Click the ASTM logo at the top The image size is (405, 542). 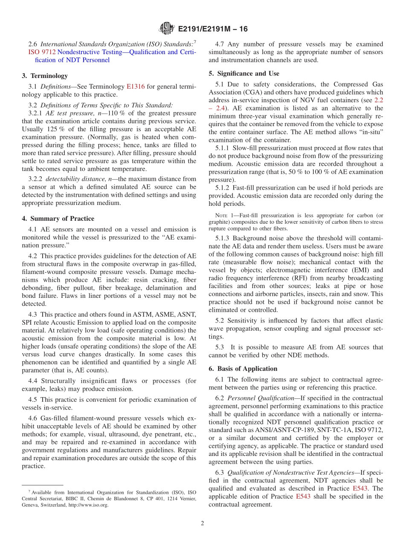[166, 29]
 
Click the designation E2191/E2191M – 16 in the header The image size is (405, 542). [212, 29]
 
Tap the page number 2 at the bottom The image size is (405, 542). [202, 523]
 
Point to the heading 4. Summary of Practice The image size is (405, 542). [58, 219]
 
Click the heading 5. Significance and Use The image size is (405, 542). [244, 73]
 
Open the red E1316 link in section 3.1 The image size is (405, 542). [136, 86]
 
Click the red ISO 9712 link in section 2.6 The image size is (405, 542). [39, 52]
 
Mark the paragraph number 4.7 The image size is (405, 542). [220, 44]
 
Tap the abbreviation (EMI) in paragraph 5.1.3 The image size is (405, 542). [353, 270]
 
